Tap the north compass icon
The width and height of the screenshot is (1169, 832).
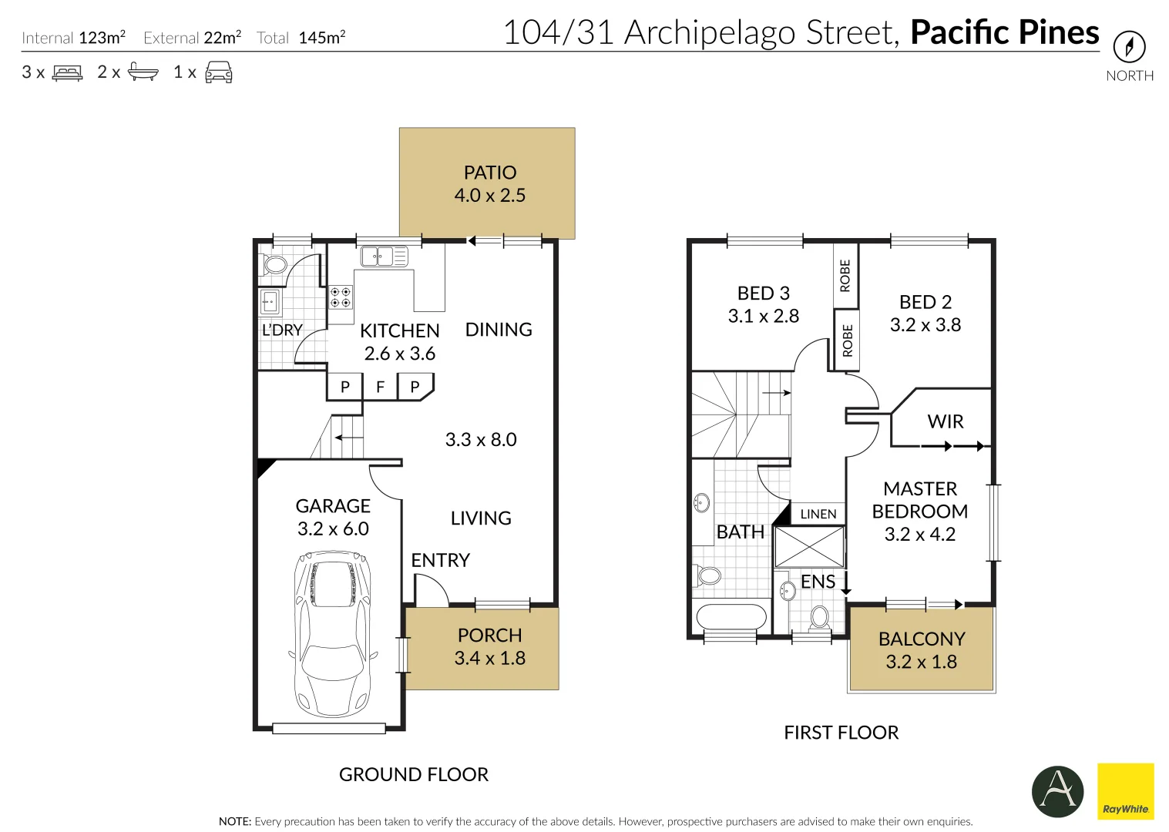click(1129, 48)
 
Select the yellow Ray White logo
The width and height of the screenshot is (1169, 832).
click(1125, 791)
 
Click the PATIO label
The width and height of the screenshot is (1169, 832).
click(490, 173)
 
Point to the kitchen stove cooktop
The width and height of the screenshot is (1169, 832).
click(341, 297)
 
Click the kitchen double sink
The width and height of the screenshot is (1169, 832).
click(384, 256)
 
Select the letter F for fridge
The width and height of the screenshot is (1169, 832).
click(380, 387)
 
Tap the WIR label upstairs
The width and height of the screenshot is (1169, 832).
click(945, 421)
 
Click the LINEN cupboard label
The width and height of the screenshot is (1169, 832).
click(818, 514)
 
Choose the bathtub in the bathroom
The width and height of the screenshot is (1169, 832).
click(731, 617)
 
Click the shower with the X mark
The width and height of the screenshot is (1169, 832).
click(809, 547)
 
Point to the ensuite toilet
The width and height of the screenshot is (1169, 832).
click(820, 618)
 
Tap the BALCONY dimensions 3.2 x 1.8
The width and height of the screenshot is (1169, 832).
click(921, 662)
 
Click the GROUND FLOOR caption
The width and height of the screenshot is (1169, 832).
click(414, 774)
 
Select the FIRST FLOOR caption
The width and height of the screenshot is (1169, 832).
click(841, 732)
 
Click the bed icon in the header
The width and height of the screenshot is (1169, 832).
click(67, 72)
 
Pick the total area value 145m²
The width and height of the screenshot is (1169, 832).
click(321, 38)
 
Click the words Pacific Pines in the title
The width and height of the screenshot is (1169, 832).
click(1004, 32)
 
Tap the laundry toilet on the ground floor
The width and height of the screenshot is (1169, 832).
click(274, 265)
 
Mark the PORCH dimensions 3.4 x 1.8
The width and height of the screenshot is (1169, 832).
click(489, 658)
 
